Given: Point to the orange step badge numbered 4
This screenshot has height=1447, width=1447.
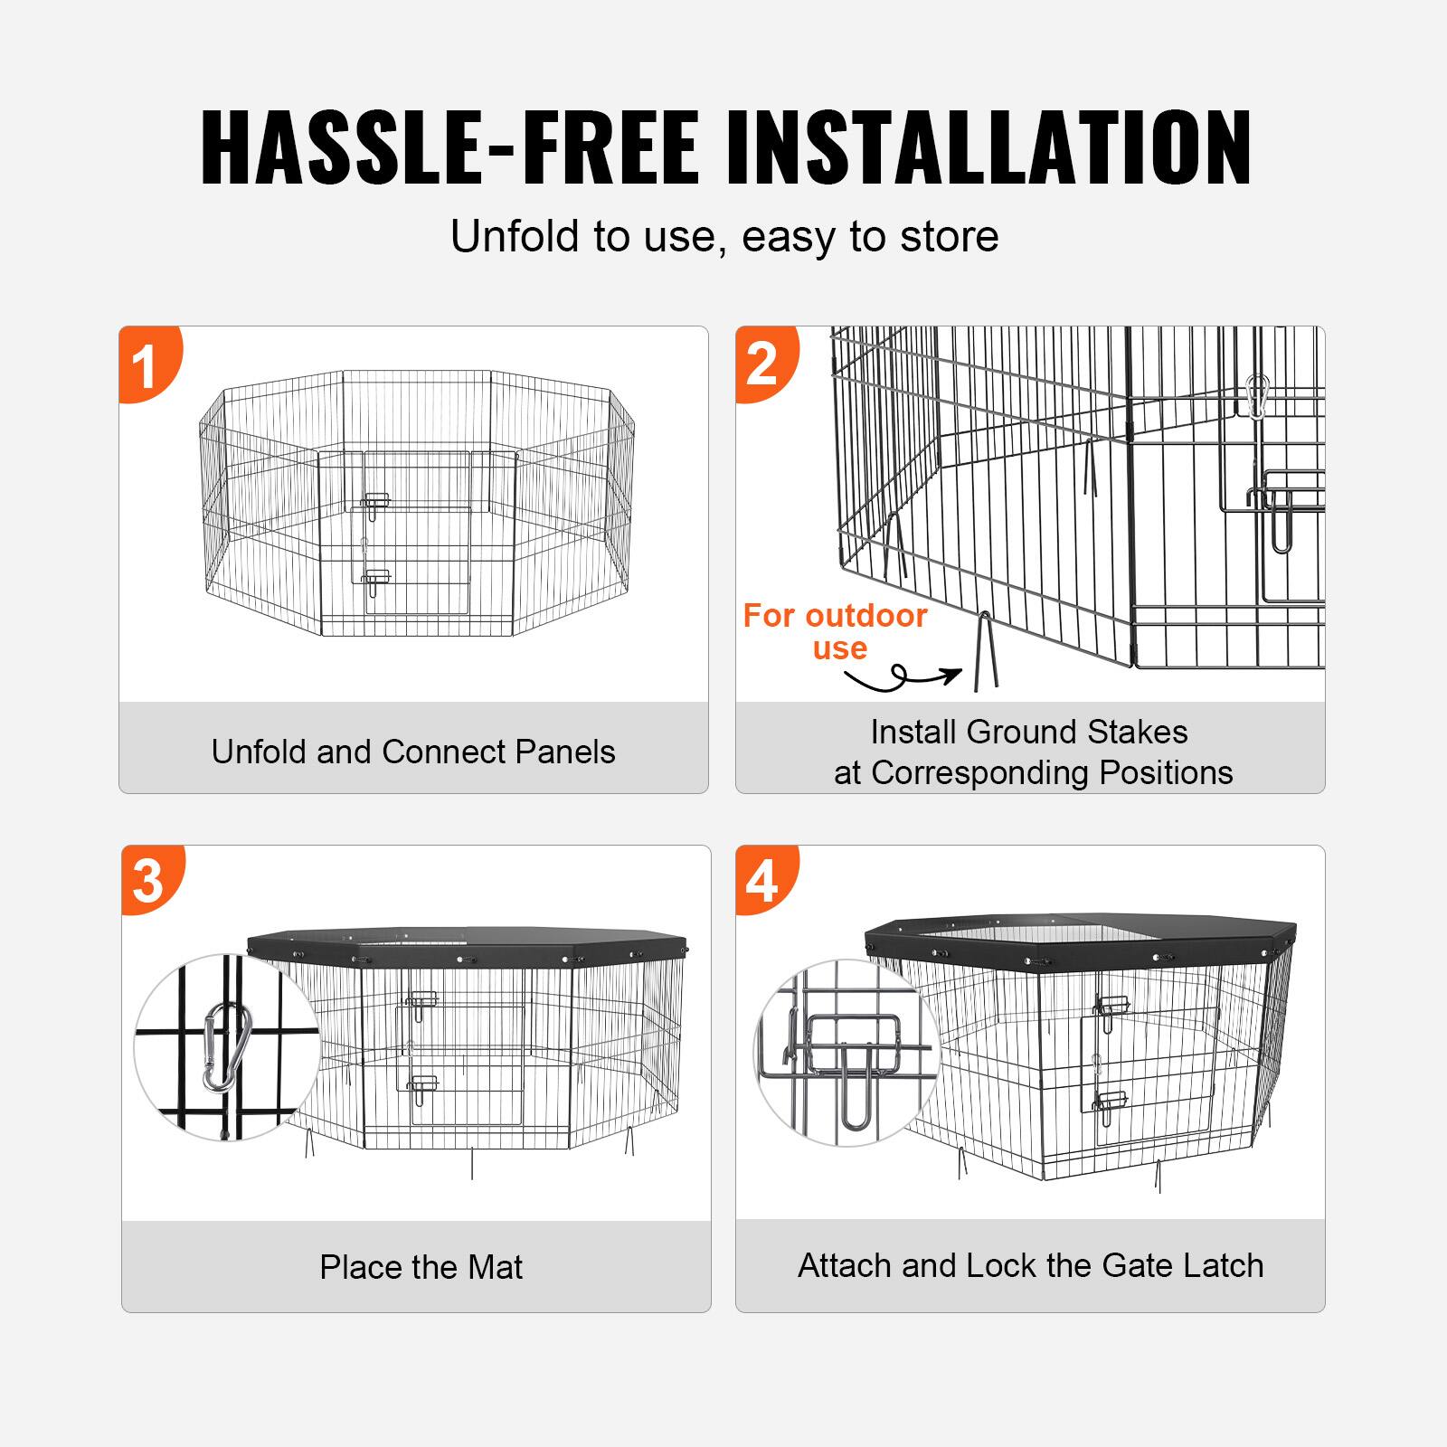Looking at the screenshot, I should pyautogui.click(x=762, y=880).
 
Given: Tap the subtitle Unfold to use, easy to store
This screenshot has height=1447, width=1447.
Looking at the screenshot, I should pyautogui.click(x=724, y=237).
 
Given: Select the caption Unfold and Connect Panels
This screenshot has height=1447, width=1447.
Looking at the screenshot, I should pyautogui.click(x=413, y=752).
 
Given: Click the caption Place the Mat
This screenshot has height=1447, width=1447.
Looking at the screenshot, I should pyautogui.click(x=421, y=1267).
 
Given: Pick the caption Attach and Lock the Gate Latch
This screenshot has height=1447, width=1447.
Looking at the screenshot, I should pyautogui.click(x=1030, y=1265).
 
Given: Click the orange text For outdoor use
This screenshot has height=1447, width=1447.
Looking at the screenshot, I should pyautogui.click(x=835, y=631).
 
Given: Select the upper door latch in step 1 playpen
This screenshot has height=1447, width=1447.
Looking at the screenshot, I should pyautogui.click(x=375, y=502).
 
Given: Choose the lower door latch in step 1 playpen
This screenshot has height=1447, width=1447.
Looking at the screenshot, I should pyautogui.click(x=375, y=579).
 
